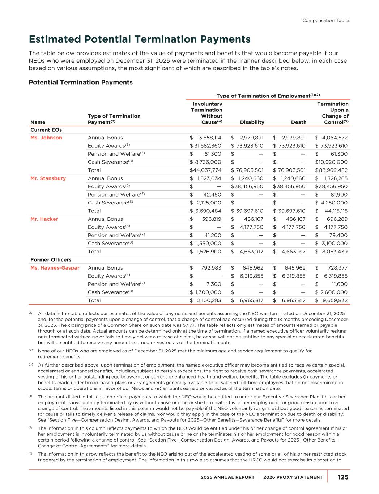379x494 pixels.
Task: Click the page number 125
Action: click(343, 477)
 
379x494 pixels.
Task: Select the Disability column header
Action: click(252, 122)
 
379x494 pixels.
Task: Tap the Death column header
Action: click(299, 122)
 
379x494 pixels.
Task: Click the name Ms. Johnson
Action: click(46, 138)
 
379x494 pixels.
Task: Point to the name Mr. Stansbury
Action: click(48, 178)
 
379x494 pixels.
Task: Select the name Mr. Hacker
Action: click(44, 219)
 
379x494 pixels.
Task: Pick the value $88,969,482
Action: click(331, 170)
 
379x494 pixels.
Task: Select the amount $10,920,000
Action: click(331, 162)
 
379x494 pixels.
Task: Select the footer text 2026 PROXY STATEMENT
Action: click(293, 477)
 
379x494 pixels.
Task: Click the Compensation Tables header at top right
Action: click(326, 21)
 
